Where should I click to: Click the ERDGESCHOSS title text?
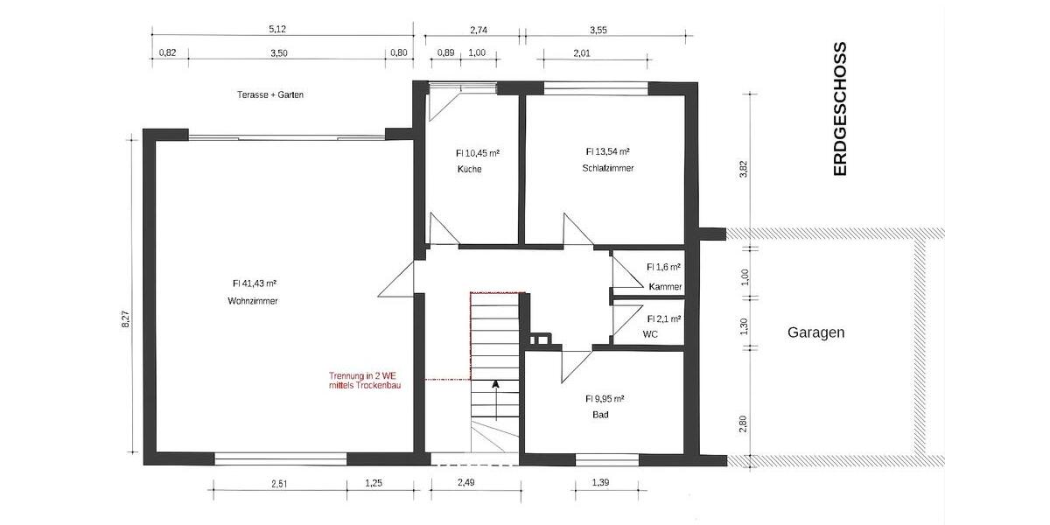(x=840, y=109)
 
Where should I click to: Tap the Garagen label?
(x=815, y=332)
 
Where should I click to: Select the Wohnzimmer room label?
(x=253, y=300)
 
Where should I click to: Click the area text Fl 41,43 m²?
(x=255, y=283)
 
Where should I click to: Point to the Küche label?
(x=469, y=169)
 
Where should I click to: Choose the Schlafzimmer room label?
(x=607, y=168)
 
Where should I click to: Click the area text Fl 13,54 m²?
(x=607, y=150)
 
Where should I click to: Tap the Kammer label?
(x=665, y=287)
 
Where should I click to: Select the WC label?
(x=650, y=334)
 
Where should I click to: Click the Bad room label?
(x=599, y=415)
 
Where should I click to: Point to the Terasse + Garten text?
(x=269, y=94)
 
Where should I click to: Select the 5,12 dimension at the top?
(x=277, y=29)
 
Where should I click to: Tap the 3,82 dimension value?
(x=744, y=169)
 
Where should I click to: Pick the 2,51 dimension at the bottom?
(x=280, y=483)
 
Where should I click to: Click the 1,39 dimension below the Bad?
(x=600, y=483)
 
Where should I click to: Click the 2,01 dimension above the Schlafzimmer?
(x=581, y=53)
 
